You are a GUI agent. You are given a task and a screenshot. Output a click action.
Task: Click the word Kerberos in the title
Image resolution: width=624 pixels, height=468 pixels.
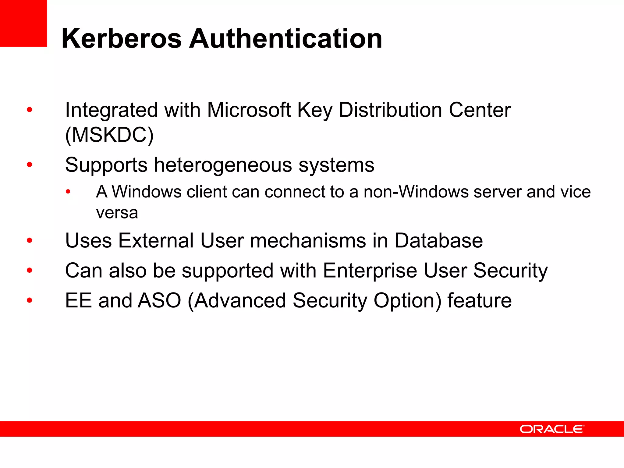click(x=122, y=39)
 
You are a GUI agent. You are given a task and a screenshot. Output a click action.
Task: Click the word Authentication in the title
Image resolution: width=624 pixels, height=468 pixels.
click(x=285, y=39)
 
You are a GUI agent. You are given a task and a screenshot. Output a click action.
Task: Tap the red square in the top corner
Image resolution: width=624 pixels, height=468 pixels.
click(x=23, y=23)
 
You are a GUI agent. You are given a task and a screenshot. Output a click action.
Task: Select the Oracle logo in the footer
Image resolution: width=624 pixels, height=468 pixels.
click(x=552, y=429)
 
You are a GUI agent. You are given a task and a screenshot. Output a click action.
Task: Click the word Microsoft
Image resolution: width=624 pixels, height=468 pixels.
click(x=249, y=110)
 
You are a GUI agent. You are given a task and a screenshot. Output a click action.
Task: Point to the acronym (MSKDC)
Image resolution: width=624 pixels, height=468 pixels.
click(x=109, y=135)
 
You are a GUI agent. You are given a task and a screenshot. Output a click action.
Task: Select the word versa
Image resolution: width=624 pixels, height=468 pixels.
click(x=117, y=213)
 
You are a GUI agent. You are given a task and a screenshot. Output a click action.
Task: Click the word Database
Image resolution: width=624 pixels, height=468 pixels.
click(x=438, y=241)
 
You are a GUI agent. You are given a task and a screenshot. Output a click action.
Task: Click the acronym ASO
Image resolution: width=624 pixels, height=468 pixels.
click(x=159, y=301)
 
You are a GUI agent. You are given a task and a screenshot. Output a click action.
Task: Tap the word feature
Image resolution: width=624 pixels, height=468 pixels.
click(x=480, y=301)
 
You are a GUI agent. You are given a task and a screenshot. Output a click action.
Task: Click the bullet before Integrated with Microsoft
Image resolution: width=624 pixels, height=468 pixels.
click(x=30, y=110)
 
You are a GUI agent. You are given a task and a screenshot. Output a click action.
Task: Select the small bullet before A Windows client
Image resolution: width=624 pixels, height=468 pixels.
click(x=68, y=192)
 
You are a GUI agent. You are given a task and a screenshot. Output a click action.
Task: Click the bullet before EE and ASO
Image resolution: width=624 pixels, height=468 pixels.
click(x=30, y=300)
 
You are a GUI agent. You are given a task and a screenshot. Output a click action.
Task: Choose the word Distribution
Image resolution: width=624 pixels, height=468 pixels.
click(x=390, y=110)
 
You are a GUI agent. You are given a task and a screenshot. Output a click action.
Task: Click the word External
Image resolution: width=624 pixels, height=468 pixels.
click(x=156, y=241)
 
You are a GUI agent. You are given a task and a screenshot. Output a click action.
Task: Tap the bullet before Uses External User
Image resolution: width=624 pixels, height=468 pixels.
click(x=30, y=240)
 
